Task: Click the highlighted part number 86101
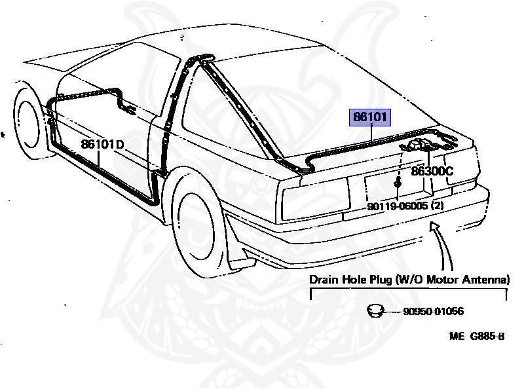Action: [371, 118]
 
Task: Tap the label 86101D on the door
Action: [102, 144]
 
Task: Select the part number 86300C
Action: [432, 172]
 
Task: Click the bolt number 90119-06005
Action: [397, 206]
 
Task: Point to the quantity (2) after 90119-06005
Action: [436, 206]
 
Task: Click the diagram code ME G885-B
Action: [477, 337]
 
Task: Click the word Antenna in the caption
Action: [486, 280]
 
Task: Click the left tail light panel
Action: [314, 194]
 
